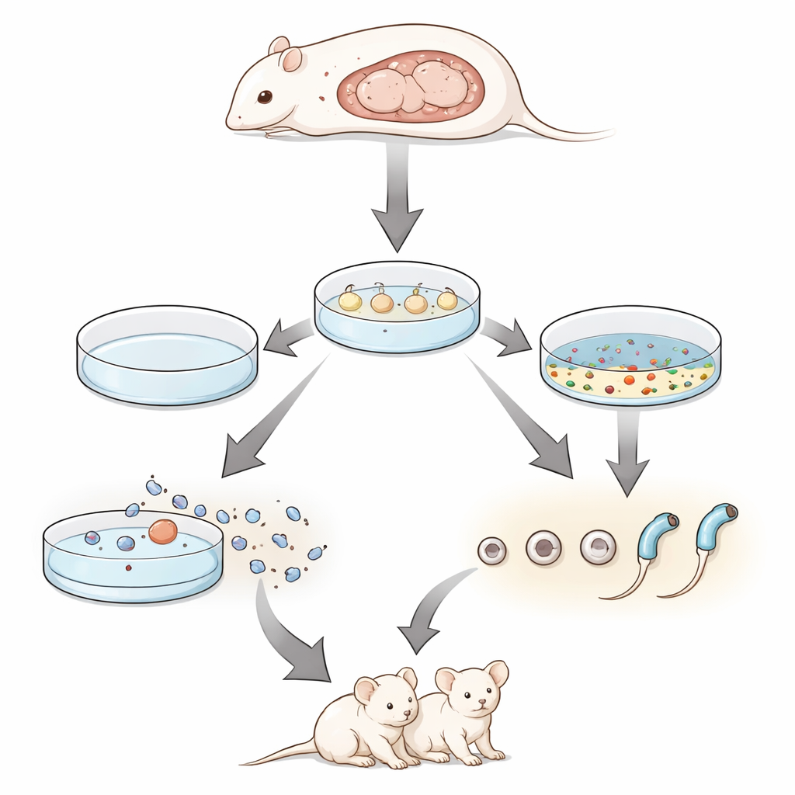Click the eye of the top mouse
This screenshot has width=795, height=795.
pyautogui.click(x=265, y=97)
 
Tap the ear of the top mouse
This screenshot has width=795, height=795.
pyautogui.click(x=290, y=59)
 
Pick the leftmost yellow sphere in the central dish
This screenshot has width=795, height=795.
pyautogui.click(x=350, y=300)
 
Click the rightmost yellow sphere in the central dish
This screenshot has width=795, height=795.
pyautogui.click(x=447, y=300)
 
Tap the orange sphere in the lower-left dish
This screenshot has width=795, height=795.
pyautogui.click(x=163, y=531)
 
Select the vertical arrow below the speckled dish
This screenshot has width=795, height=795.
pyautogui.click(x=627, y=450)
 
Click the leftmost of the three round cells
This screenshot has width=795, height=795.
pyautogui.click(x=492, y=550)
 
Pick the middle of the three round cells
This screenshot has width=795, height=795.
pyautogui.click(x=543, y=548)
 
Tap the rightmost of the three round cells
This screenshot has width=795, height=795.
pyautogui.click(x=597, y=547)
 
